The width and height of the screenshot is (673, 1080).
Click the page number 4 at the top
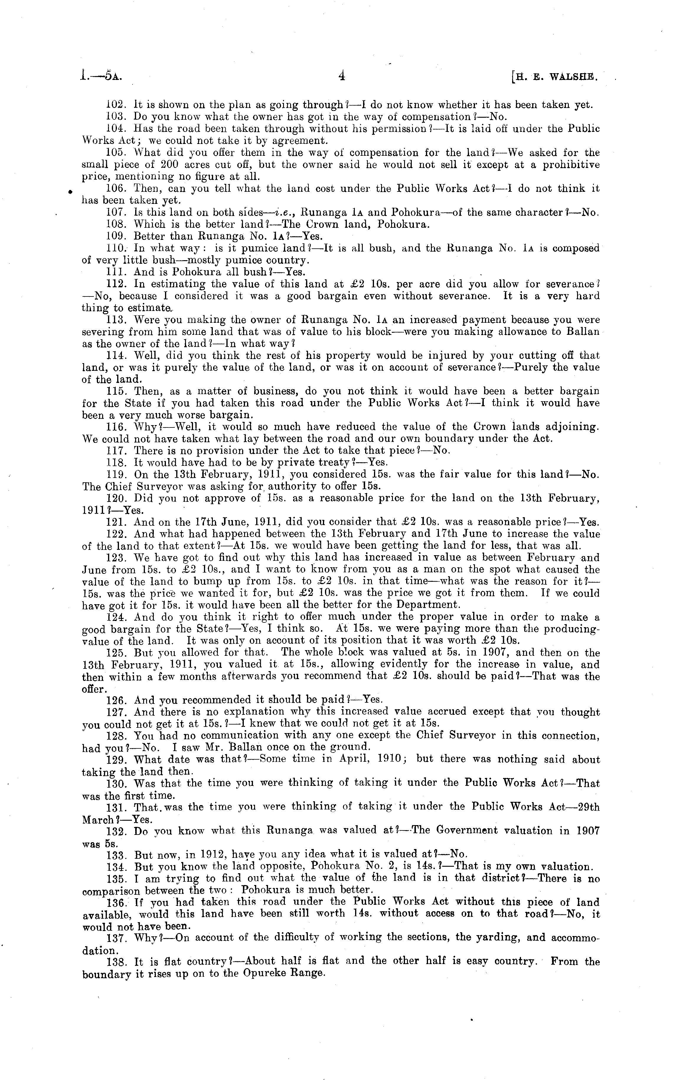click(342, 76)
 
